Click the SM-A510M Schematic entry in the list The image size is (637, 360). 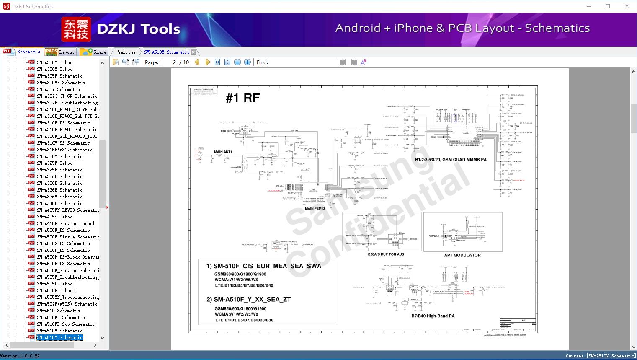point(59,331)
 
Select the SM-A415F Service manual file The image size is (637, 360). point(65,223)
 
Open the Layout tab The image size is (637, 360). point(60,52)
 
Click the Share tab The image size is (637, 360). point(94,52)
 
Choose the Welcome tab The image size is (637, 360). point(126,52)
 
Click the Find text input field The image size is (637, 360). point(304,62)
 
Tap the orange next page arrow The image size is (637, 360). point(207,62)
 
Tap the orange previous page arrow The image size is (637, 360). point(197,62)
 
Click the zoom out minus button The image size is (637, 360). point(237,62)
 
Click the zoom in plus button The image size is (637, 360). point(248,62)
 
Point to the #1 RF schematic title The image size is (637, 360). point(242,98)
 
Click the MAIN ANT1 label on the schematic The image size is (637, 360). point(223,152)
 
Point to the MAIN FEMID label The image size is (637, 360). point(315,208)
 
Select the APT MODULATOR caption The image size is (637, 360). point(462,255)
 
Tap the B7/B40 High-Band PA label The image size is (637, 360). point(433,316)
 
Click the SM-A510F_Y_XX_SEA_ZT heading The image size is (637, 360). point(248,299)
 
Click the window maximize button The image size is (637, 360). point(608,6)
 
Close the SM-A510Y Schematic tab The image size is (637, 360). point(193,52)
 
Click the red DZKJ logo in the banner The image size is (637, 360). point(76,29)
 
